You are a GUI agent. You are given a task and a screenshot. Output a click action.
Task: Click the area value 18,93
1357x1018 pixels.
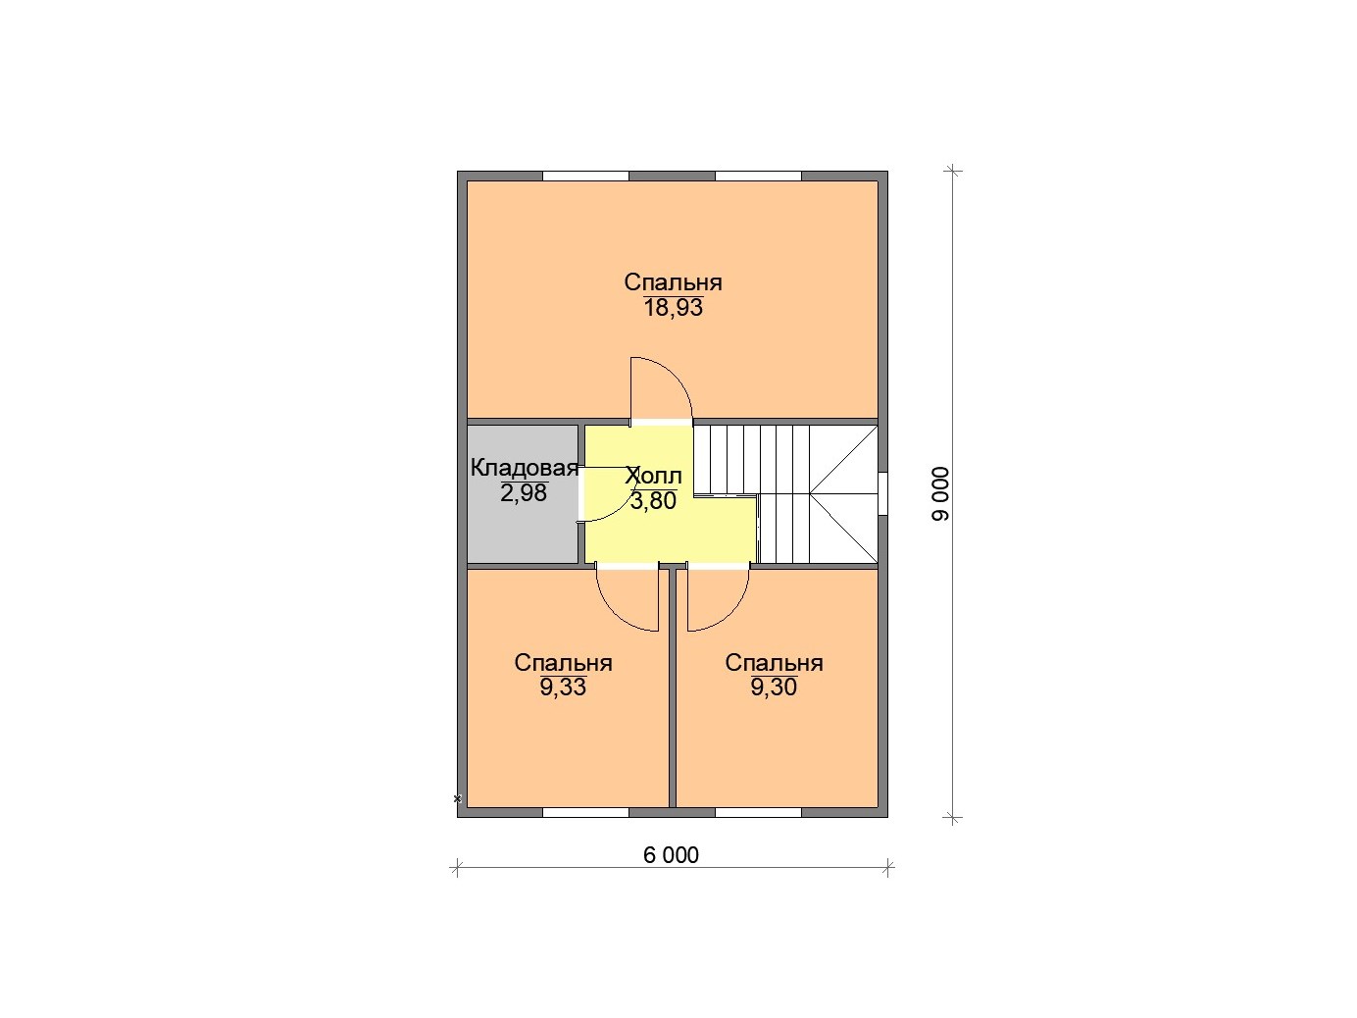(674, 307)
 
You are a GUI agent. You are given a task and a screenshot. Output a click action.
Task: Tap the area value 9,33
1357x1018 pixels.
(563, 687)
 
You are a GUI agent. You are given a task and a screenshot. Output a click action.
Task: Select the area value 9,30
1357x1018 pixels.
(774, 687)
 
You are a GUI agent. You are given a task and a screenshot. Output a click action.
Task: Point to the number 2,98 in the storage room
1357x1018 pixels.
(524, 492)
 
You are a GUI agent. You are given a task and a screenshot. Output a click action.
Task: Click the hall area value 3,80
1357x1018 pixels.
(653, 500)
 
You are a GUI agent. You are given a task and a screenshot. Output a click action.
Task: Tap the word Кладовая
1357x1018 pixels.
(525, 468)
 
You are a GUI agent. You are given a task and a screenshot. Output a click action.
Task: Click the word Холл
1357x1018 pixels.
(653, 476)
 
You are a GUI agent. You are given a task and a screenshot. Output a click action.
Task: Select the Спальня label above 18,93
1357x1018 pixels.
(673, 281)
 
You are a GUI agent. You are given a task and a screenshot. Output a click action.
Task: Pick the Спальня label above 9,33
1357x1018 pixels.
(563, 663)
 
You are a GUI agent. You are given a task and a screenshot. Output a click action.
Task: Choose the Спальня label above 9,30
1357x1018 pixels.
(774, 663)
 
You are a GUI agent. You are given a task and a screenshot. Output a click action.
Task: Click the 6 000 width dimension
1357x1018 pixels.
(671, 855)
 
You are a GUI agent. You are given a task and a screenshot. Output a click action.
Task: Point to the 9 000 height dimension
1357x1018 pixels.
(940, 494)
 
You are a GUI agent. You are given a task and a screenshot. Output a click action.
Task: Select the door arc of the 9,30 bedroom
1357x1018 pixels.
(731, 613)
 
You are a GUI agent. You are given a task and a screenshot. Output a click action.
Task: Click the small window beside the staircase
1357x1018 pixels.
(882, 493)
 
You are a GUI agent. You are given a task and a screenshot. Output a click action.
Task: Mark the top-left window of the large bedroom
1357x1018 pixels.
(585, 177)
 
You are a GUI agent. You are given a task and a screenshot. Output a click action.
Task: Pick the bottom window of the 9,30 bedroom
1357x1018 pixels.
(758, 812)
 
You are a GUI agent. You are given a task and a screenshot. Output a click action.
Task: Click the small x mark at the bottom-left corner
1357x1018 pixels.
(458, 798)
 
